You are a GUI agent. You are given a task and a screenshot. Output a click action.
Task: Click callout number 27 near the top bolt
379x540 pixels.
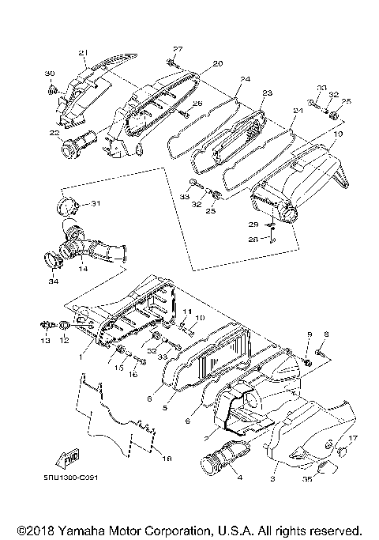(x=178, y=49)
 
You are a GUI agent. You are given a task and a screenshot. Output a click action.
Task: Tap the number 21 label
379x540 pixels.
(x=81, y=53)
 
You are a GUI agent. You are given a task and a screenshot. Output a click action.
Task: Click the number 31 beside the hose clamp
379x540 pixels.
(x=96, y=204)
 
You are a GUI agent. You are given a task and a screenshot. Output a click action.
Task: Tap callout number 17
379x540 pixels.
(x=353, y=437)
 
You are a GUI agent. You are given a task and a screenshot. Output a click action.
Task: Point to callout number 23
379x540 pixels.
(x=266, y=93)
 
